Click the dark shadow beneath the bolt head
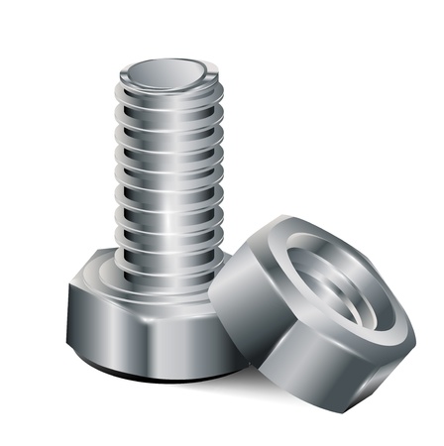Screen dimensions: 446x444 point(149,374)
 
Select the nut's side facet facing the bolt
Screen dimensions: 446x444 point(238,297)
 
